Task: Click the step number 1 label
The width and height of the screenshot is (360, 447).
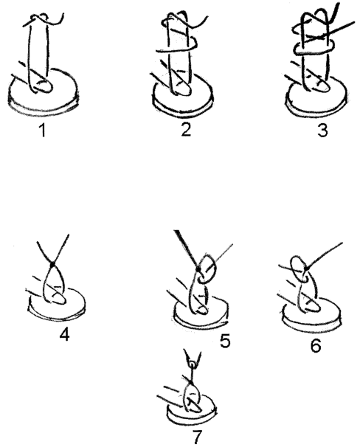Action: tap(43, 131)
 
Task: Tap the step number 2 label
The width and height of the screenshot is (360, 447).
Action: tap(186, 130)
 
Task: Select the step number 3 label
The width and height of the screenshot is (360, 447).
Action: tap(322, 131)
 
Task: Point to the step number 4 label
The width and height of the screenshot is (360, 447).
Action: tap(64, 334)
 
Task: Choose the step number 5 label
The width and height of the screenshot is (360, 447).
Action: tap(225, 341)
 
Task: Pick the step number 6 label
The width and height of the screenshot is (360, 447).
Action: tap(316, 345)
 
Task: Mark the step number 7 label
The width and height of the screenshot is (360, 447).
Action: tap(197, 437)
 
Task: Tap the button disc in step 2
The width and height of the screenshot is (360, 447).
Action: tap(182, 107)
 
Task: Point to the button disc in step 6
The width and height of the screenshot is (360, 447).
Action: tap(311, 322)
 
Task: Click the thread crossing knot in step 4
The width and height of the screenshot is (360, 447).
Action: tap(52, 265)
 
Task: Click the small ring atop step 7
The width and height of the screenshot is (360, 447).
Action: tap(193, 364)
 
